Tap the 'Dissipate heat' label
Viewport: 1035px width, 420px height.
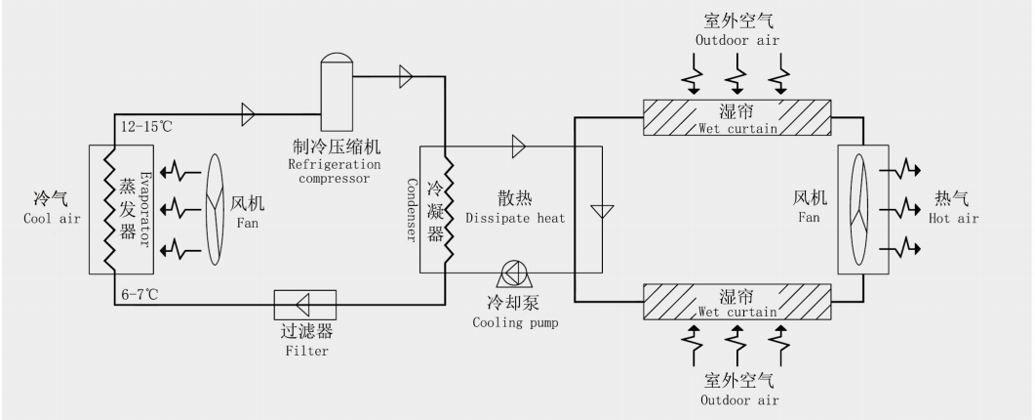[x=515, y=218]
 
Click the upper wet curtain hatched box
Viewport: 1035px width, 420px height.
[x=737, y=117]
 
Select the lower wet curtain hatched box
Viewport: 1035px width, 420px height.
[x=737, y=301]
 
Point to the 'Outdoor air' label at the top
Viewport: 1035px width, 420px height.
[x=737, y=40]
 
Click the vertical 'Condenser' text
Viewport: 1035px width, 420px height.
[x=413, y=208]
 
